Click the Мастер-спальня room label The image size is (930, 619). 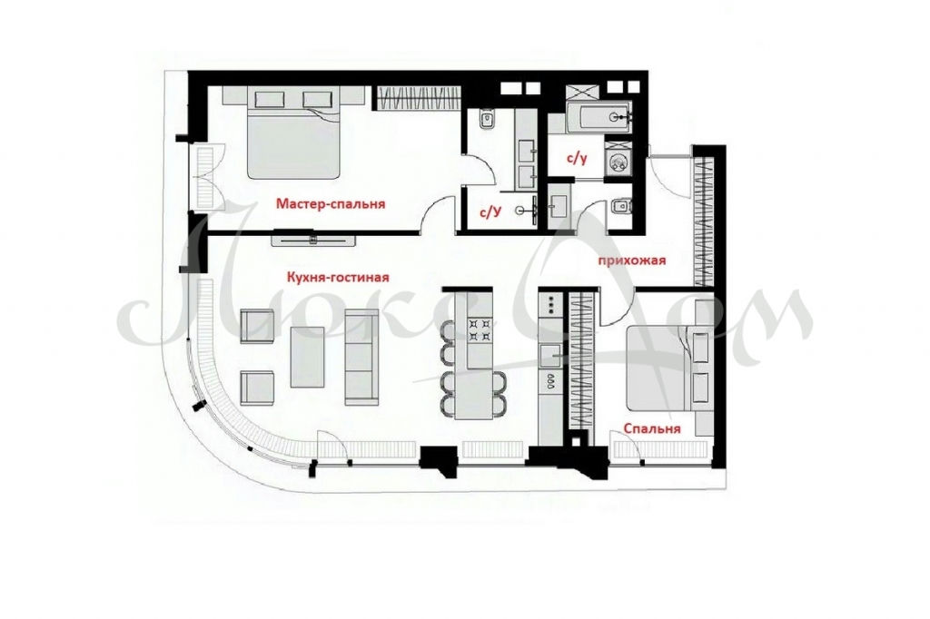point(331,204)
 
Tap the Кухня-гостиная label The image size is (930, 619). point(338,277)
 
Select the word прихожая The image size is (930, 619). point(632,260)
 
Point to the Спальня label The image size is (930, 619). point(651,428)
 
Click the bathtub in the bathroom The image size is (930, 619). point(599,117)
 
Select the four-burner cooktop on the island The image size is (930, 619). point(480,330)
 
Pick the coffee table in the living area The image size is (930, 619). point(307,357)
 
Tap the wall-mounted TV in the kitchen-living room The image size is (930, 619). point(313,240)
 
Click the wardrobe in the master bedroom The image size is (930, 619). point(417,98)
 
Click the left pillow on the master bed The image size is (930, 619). point(267,98)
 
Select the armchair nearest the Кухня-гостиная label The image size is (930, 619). point(257,326)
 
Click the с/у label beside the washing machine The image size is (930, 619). point(577,159)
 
